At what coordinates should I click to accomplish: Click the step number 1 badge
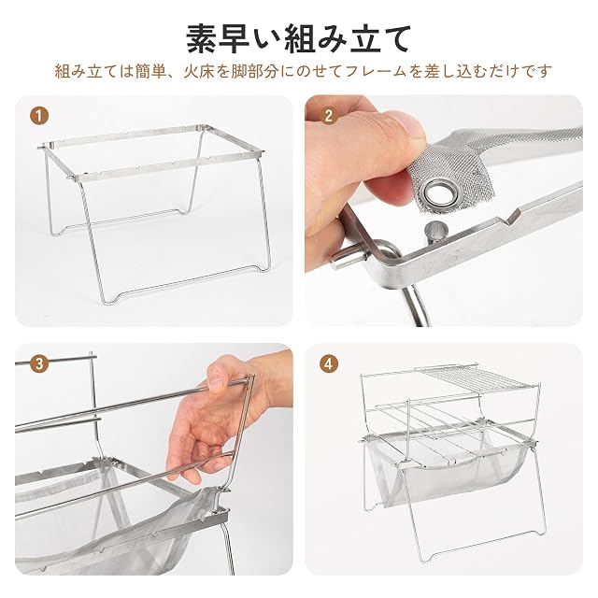coord(39,115)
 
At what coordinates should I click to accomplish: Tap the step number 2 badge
coord(329,115)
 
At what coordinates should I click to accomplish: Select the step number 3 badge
coord(39,363)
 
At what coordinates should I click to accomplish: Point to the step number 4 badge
coord(329,363)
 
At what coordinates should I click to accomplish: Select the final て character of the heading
coord(395,39)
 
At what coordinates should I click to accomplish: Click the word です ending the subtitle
coord(536,72)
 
